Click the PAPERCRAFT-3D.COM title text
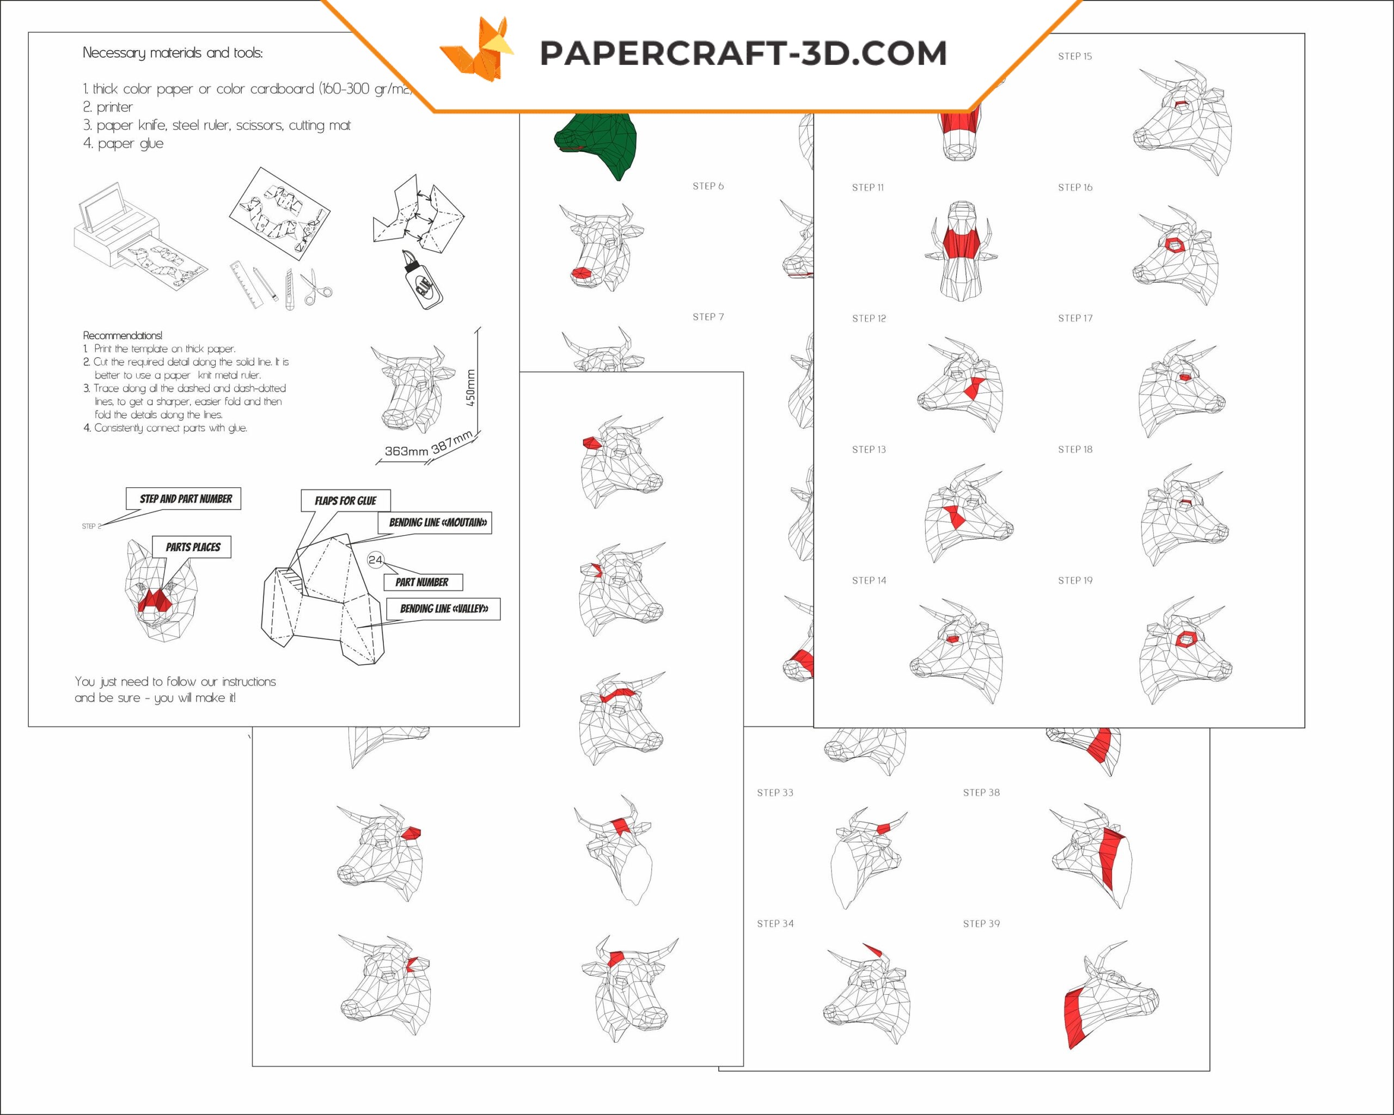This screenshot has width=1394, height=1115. click(743, 53)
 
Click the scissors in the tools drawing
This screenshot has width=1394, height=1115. click(315, 287)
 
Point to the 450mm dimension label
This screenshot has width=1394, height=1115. click(470, 388)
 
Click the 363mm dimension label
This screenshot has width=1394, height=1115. click(406, 451)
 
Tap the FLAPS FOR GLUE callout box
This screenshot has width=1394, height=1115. click(345, 500)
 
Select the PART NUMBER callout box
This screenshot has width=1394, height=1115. click(422, 582)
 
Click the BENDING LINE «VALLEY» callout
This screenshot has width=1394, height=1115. click(444, 609)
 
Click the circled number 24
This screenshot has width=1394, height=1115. click(376, 560)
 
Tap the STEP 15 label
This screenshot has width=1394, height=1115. click(1074, 56)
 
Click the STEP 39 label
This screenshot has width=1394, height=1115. click(981, 924)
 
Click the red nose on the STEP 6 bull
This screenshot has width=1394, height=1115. click(582, 273)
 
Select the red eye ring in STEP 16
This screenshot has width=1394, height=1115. click(1173, 244)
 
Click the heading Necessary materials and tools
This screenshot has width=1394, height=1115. click(173, 53)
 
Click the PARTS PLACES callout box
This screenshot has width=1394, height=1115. click(193, 547)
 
